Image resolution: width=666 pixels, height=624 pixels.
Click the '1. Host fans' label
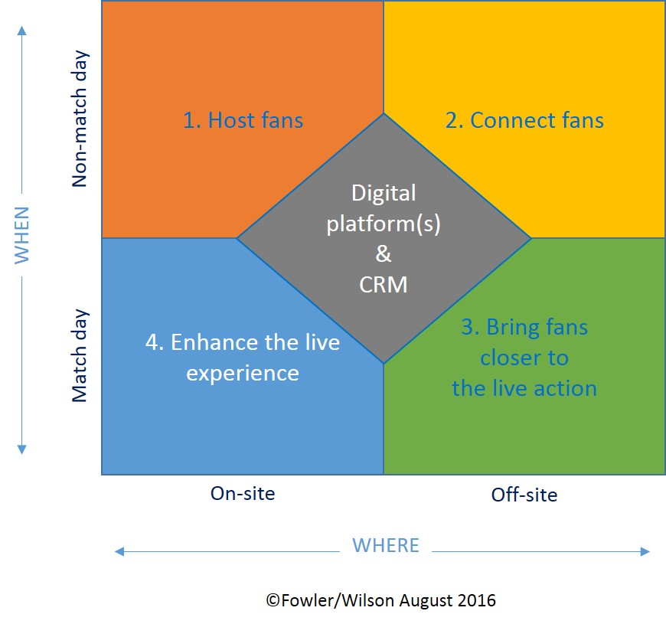tap(243, 120)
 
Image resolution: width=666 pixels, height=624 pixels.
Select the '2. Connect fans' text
tap(524, 120)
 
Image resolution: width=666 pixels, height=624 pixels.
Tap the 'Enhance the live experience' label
tap(243, 357)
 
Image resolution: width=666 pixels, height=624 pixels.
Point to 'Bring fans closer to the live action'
tap(524, 358)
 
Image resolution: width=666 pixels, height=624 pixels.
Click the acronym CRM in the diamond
tap(383, 285)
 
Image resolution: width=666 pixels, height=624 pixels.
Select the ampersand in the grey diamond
tap(384, 255)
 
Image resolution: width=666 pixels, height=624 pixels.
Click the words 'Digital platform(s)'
tap(384, 208)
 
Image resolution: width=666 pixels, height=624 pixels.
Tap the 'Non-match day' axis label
tap(80, 119)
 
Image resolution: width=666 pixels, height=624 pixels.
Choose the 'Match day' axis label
tap(80, 356)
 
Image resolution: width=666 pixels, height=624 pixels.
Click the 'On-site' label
tap(243, 493)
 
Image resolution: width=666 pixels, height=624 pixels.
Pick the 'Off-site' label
tap(524, 495)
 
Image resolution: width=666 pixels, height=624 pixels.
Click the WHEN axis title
tap(21, 234)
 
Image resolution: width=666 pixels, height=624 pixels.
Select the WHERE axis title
tap(385, 545)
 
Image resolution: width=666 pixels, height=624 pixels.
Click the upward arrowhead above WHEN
tap(21, 31)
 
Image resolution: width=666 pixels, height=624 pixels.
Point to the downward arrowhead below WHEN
tap(21, 449)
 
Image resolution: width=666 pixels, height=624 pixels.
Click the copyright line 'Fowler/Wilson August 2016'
tap(381, 600)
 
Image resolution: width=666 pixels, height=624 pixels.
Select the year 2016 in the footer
tap(477, 600)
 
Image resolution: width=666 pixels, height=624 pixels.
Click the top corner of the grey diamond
tap(384, 116)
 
